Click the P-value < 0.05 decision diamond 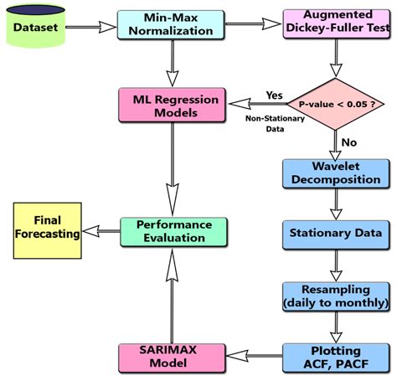pyautogui.click(x=335, y=106)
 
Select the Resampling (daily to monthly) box pyautogui.click(x=335, y=294)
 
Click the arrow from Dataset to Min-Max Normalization pyautogui.click(x=90, y=28)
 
